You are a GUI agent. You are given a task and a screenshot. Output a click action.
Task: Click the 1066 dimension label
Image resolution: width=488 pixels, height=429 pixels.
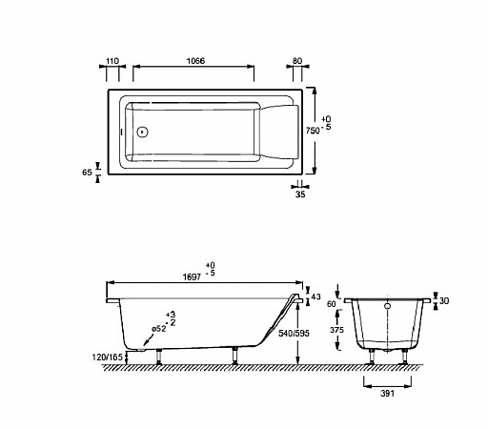pos(195,61)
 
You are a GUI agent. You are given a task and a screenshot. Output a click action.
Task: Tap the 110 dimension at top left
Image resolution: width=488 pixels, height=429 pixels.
pos(112,61)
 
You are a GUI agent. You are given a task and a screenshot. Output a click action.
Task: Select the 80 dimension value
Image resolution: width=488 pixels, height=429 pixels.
pos(297,61)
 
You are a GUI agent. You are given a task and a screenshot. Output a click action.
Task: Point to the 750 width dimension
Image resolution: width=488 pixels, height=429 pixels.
pos(313,131)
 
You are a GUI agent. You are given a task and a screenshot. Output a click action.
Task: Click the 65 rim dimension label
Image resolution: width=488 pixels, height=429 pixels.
pos(87,173)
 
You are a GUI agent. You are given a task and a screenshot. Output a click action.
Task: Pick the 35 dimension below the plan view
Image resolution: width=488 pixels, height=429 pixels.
pos(300,194)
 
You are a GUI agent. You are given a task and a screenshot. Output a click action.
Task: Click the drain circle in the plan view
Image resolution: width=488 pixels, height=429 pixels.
pos(143,132)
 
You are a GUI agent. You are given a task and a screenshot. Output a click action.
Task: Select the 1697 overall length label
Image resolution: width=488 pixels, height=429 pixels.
pos(192,277)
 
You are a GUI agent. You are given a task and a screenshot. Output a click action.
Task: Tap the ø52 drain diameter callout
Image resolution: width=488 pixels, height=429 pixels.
pos(159,329)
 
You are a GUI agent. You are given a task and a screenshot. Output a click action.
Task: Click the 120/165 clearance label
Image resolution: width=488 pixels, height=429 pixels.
pos(108,357)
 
